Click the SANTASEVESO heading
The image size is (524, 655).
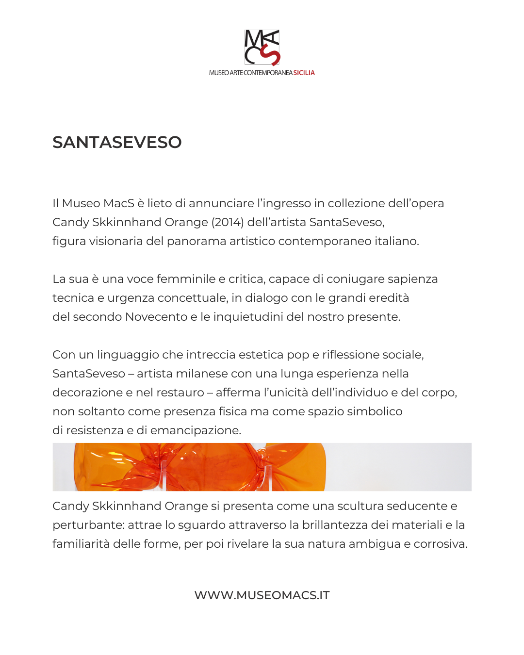(x=117, y=142)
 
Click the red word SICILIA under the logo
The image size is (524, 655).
(x=304, y=73)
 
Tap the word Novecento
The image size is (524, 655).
(x=156, y=317)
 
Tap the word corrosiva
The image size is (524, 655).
(x=441, y=544)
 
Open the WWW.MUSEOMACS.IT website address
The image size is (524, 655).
(x=262, y=595)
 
